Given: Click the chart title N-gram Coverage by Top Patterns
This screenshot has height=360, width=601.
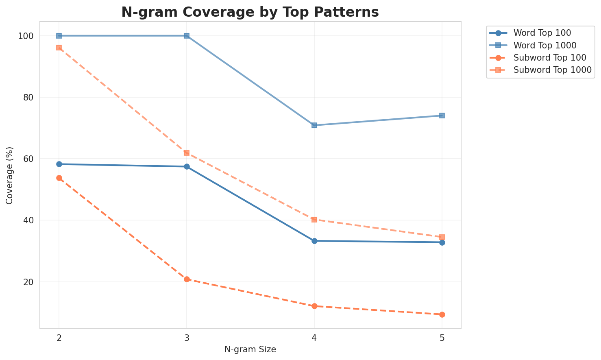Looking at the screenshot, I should coord(250,12).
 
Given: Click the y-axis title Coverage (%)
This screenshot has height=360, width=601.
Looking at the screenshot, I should coord(10,175).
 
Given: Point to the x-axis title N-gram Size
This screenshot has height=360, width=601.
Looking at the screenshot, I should coord(250,349).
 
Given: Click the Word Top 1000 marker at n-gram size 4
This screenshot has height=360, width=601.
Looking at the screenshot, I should coord(314,125).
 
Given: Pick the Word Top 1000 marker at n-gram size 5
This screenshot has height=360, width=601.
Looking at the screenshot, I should coord(442,116).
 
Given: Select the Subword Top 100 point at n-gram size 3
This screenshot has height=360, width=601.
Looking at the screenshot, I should coord(187,279).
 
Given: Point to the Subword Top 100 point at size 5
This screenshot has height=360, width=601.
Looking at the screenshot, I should coord(442,314).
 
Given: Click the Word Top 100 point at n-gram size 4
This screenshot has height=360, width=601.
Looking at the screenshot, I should coord(314,241).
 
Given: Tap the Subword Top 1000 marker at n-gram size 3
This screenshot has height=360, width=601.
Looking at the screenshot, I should coord(187,153).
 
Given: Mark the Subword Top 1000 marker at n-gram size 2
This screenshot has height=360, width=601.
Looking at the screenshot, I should coord(59,48).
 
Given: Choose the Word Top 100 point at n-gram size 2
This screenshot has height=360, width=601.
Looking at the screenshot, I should coord(59,164).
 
